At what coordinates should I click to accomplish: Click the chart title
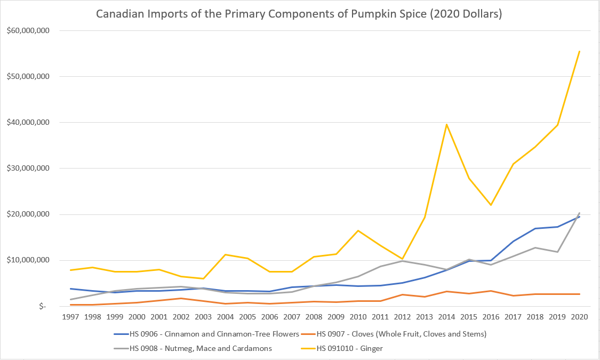tap(299, 14)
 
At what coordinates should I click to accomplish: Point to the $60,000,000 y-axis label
tap(28, 30)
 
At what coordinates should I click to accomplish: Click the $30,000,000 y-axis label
tap(28, 169)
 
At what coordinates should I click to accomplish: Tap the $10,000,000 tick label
tap(28, 260)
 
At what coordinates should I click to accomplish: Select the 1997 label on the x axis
tap(70, 317)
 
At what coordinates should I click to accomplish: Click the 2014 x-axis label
tap(446, 317)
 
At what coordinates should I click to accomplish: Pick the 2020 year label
tap(579, 317)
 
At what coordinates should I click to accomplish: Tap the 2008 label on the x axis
tap(314, 317)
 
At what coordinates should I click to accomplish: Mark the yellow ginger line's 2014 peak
tap(446, 124)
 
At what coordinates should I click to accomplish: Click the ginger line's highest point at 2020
tap(579, 51)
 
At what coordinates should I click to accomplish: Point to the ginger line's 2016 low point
tap(491, 205)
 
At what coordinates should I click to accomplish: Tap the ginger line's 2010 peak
tap(358, 230)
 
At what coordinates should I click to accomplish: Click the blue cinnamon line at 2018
tap(535, 228)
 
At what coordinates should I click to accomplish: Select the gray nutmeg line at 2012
tap(402, 261)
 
